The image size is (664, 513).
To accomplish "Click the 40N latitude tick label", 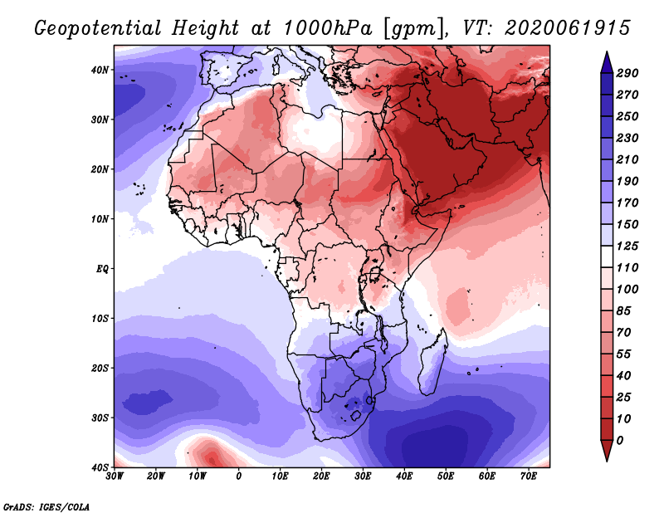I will tap(99, 70).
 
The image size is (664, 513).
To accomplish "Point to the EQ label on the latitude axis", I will tap(101, 268).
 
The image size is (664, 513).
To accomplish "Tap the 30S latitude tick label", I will tap(99, 417).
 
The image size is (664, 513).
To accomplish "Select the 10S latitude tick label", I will tap(99, 318).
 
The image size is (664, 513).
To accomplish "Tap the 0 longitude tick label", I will tap(239, 476).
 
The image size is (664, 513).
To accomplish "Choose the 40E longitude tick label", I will tap(404, 476).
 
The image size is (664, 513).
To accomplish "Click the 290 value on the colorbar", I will tap(627, 74).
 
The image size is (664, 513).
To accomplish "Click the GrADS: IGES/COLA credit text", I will tap(46, 506).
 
